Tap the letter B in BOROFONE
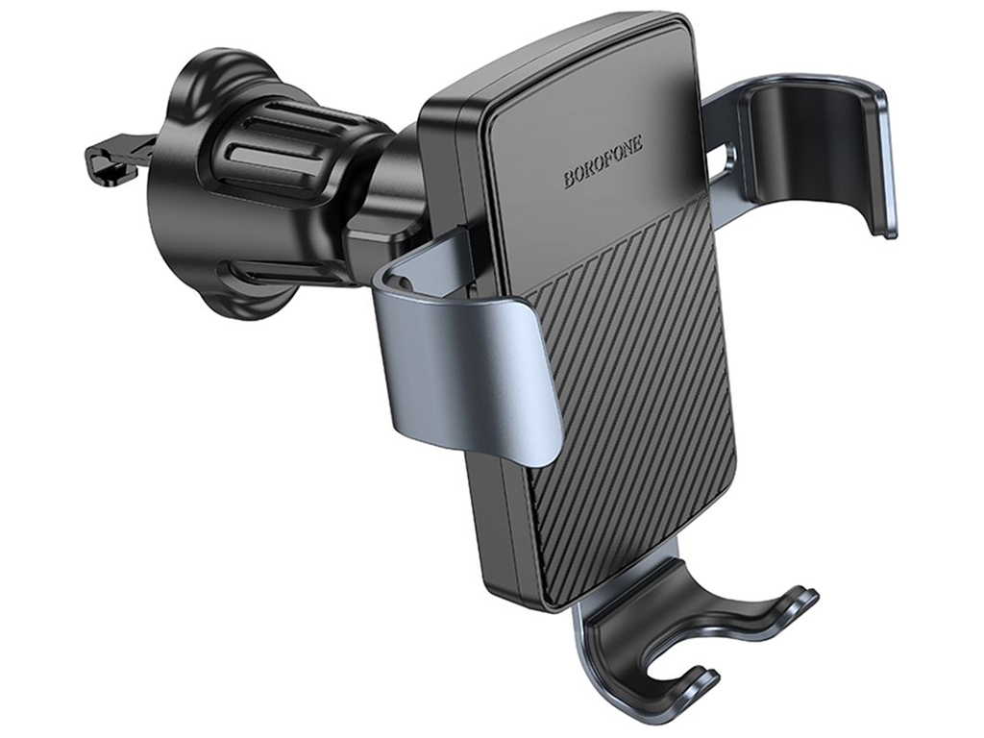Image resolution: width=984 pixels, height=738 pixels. [569, 180]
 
